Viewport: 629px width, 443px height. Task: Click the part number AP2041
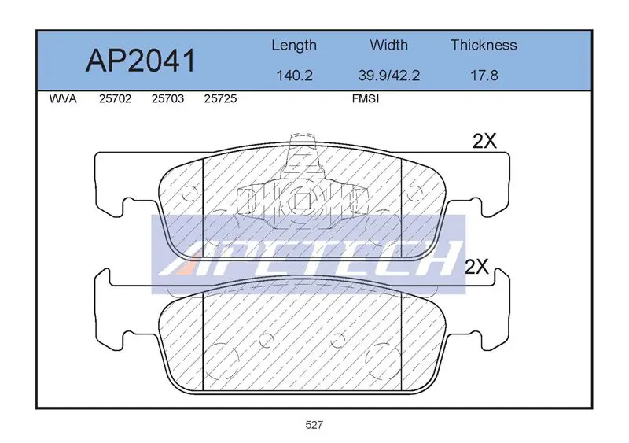point(141,61)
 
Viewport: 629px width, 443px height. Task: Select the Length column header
point(294,46)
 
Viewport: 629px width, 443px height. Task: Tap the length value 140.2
point(294,76)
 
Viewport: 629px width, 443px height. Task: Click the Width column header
point(388,45)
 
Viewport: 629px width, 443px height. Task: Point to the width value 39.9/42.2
point(389,76)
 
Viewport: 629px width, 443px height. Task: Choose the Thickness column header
point(484,45)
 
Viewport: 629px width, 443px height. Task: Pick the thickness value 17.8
point(484,76)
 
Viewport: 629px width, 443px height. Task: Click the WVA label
point(63,99)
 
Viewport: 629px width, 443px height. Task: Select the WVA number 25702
point(115,99)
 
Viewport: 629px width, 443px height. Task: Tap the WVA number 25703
point(167,99)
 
